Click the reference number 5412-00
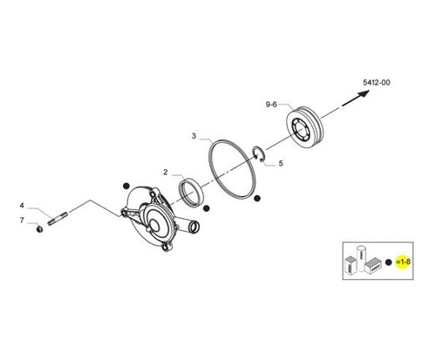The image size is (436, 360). [x=377, y=83]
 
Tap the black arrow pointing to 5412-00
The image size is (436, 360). [x=356, y=98]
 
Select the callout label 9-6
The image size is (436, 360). [x=271, y=105]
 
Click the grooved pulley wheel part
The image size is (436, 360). [x=303, y=128]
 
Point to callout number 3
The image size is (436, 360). [x=194, y=136]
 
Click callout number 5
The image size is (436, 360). [x=281, y=163]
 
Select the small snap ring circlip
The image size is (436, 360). [x=258, y=154]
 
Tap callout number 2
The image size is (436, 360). [x=166, y=172]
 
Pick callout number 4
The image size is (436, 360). [x=22, y=206]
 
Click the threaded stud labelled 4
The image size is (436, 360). [x=58, y=219]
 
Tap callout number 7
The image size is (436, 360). [x=22, y=221]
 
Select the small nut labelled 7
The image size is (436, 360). [x=39, y=228]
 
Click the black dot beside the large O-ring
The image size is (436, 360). [x=256, y=198]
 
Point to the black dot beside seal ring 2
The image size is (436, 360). [x=206, y=208]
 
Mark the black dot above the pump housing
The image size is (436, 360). [x=126, y=186]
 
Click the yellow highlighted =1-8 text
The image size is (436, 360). [x=403, y=262]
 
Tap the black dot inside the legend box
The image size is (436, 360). [x=389, y=262]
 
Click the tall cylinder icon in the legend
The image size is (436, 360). [x=361, y=258]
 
